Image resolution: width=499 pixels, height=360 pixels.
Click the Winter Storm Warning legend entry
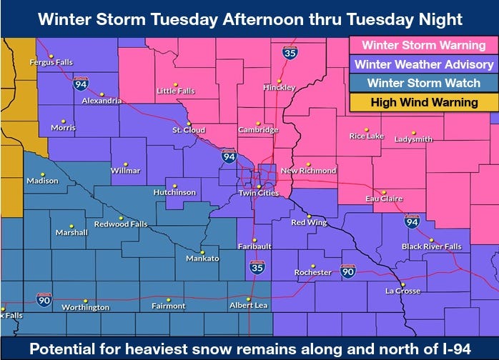click(x=424, y=45)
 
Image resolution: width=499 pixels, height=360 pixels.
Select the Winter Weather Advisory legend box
click(x=424, y=64)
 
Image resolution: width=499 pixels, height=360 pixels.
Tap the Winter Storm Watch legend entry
click(x=424, y=83)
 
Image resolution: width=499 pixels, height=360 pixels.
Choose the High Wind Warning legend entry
click(x=424, y=102)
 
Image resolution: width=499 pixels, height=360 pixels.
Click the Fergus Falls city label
click(x=51, y=62)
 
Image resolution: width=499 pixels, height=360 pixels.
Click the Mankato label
click(x=202, y=258)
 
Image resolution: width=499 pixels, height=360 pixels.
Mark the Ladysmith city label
click(x=413, y=139)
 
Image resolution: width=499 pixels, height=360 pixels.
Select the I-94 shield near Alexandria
click(x=80, y=84)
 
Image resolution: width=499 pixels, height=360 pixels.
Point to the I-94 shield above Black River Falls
click(x=412, y=221)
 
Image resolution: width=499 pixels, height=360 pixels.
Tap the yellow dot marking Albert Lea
click(x=249, y=299)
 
